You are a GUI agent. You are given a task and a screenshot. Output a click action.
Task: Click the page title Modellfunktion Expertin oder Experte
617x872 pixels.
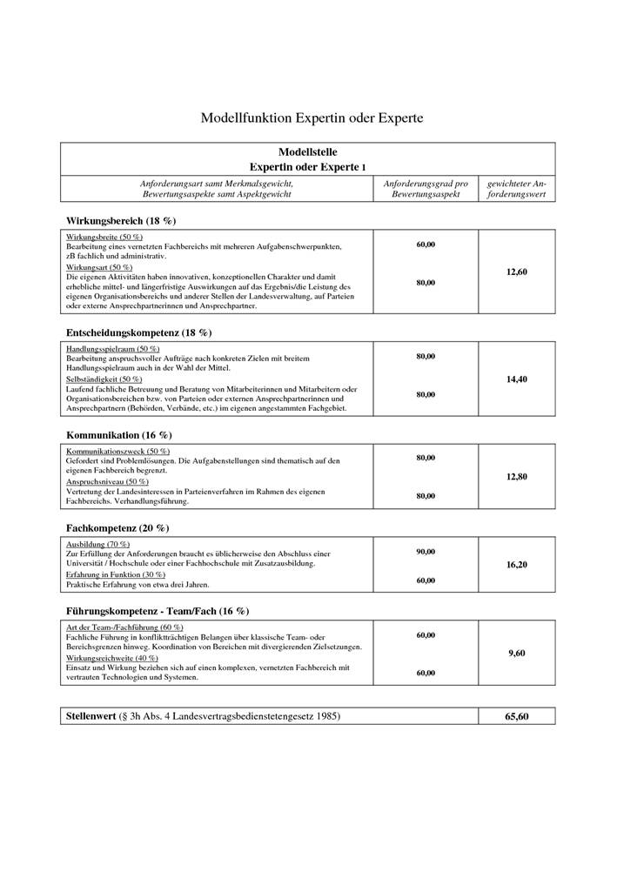(312, 117)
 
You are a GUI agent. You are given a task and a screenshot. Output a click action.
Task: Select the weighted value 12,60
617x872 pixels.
(516, 272)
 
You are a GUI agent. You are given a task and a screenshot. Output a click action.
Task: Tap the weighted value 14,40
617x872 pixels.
(516, 379)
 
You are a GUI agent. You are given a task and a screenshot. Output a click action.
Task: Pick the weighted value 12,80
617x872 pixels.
(516, 477)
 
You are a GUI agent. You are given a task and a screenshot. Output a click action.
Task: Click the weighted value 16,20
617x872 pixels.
(516, 565)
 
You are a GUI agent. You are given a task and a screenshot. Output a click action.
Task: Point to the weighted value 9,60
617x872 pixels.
(516, 654)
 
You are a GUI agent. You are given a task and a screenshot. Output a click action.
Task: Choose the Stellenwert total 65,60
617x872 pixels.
(516, 717)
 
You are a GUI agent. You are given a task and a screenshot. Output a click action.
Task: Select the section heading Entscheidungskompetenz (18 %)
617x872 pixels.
(139, 332)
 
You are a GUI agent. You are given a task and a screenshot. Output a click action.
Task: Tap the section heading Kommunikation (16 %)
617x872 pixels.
(119, 433)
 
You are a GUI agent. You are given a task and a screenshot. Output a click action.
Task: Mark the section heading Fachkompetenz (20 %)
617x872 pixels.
(117, 527)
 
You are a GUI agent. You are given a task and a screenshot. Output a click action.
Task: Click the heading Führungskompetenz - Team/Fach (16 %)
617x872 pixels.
(158, 612)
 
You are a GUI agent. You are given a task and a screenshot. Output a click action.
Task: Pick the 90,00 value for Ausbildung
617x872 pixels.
(426, 552)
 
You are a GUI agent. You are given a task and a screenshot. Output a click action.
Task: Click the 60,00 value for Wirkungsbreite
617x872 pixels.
(426, 245)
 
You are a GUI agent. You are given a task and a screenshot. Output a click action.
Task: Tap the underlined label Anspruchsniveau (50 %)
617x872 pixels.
(107, 481)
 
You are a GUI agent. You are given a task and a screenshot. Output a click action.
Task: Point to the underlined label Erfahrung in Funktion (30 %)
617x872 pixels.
(116, 574)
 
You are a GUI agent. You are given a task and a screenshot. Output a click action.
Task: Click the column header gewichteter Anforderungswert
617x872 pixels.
(516, 189)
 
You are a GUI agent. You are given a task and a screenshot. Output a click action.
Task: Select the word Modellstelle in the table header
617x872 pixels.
(307, 151)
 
